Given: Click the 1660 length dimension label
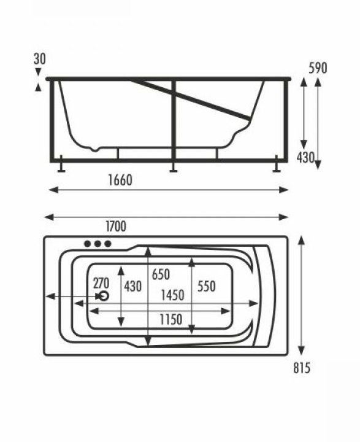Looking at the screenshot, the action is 120,180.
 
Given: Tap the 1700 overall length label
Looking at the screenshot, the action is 116,227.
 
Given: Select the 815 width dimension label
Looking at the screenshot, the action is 302,368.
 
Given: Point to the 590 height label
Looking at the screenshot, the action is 318,68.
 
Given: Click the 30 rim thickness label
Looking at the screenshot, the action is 39,59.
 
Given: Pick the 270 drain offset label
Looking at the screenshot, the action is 101,283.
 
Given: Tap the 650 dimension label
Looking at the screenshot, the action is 161,274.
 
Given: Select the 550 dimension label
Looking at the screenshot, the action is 207,287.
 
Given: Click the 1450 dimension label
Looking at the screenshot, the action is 173,295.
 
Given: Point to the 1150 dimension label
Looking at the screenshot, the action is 171,319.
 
